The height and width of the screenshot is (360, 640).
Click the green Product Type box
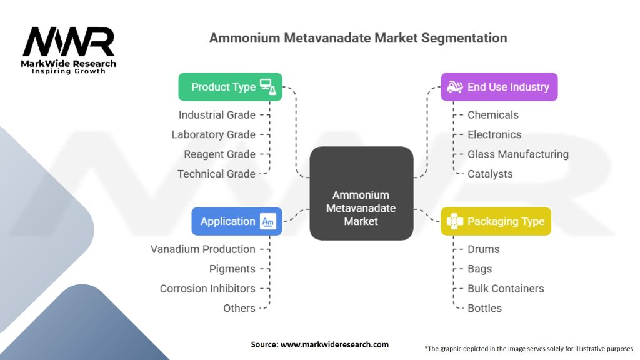tap(230, 87)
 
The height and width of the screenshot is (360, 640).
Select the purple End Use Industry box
tap(499, 87)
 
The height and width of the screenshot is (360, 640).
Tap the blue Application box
tap(237, 221)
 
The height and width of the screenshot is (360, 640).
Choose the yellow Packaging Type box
tap(496, 221)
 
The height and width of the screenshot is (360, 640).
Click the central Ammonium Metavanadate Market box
tap(361, 193)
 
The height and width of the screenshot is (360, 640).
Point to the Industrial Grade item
tap(217, 115)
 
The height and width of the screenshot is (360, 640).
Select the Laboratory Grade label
tap(214, 134)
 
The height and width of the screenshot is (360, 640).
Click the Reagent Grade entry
tap(219, 154)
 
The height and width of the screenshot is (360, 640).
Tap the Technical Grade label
tap(216, 174)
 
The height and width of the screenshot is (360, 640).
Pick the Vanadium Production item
tap(203, 249)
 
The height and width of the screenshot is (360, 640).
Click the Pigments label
tap(232, 269)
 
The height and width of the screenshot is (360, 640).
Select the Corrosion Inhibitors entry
tap(207, 289)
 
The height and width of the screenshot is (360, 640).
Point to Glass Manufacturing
tap(518, 154)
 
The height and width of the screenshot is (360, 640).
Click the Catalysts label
tap(490, 174)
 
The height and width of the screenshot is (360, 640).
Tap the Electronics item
tap(494, 134)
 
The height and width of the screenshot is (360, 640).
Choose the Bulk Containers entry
tap(506, 289)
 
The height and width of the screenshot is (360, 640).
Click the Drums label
tap(484, 249)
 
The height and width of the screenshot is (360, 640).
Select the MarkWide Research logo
tap(69, 49)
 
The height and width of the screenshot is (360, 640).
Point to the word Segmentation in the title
tap(464, 37)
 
